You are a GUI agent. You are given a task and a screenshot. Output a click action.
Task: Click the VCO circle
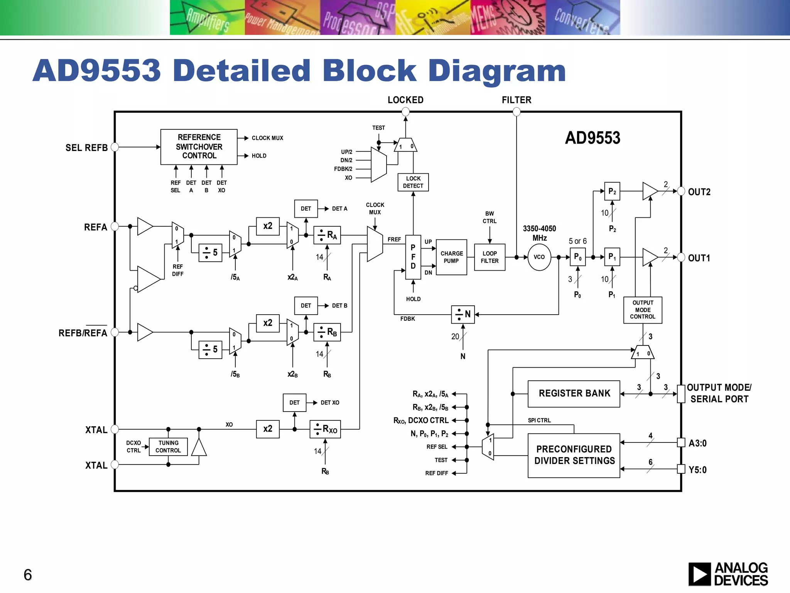(x=539, y=257)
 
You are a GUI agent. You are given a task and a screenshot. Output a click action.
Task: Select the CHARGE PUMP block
(x=451, y=257)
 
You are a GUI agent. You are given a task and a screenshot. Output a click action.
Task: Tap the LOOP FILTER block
(x=490, y=257)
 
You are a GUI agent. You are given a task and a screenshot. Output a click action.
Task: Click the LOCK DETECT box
(x=413, y=182)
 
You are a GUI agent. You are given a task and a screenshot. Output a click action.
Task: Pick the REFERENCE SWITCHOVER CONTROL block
(x=199, y=147)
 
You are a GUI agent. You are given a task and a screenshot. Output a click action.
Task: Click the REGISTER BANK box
(x=574, y=394)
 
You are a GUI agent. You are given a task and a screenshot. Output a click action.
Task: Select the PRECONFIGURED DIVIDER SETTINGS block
(x=574, y=455)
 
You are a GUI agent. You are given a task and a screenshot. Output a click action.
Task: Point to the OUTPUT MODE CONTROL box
(x=643, y=310)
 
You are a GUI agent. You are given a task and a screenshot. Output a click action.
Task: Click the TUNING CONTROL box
(x=168, y=447)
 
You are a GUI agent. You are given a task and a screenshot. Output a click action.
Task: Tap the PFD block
(x=413, y=257)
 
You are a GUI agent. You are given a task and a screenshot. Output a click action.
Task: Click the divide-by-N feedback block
(x=463, y=314)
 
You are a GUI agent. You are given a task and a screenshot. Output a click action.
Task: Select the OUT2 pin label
(x=699, y=192)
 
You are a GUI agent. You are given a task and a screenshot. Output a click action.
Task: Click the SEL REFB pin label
(x=86, y=148)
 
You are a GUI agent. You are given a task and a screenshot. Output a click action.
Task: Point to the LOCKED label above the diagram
(x=405, y=100)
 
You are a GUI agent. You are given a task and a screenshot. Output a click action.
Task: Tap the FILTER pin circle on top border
(x=517, y=112)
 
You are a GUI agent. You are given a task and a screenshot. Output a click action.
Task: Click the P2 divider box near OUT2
(x=612, y=191)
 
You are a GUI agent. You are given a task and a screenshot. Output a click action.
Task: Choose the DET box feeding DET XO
(x=294, y=403)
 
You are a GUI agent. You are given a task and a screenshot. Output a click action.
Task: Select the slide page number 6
(x=28, y=575)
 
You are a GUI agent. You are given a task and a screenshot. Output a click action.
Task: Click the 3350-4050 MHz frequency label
(x=539, y=233)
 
